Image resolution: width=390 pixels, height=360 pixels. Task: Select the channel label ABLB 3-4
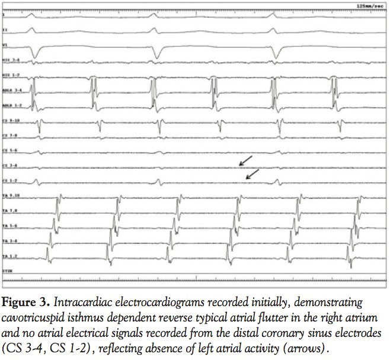click(x=11, y=91)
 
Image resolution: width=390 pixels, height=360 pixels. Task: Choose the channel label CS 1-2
click(x=9, y=179)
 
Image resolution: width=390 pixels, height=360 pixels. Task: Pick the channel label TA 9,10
click(x=10, y=195)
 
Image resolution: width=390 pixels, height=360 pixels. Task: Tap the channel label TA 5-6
click(x=9, y=226)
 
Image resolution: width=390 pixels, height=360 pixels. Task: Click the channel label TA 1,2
click(x=9, y=256)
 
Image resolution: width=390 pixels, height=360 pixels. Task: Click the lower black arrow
click(x=252, y=173)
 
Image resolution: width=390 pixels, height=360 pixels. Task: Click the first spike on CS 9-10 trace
click(x=39, y=126)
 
